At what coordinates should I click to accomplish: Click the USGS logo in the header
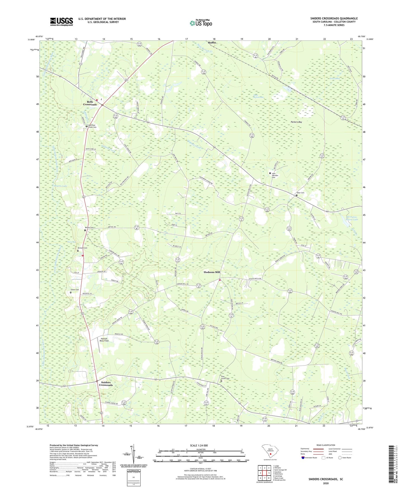tap(62, 22)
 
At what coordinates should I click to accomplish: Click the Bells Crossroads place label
tap(90, 103)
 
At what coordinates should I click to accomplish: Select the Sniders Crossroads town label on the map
tap(106, 384)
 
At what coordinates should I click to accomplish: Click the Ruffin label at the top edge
tap(212, 43)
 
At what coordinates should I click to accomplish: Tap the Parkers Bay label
tap(296, 122)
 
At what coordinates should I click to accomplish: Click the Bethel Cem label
tap(89, 228)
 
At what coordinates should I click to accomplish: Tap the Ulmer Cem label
tap(74, 290)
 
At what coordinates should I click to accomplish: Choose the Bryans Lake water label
tap(61, 186)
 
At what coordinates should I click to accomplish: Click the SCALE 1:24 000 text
tap(199, 445)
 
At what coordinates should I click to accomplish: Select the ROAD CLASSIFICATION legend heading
tap(325, 445)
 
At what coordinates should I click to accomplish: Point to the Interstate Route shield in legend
tap(303, 458)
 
